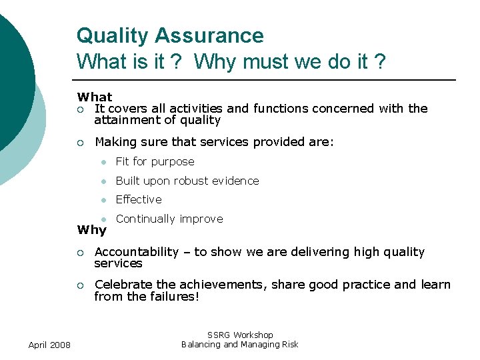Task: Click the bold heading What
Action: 95,97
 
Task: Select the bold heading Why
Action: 92,230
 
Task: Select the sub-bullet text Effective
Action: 139,199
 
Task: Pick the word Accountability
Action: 137,252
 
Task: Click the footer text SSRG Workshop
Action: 240,335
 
